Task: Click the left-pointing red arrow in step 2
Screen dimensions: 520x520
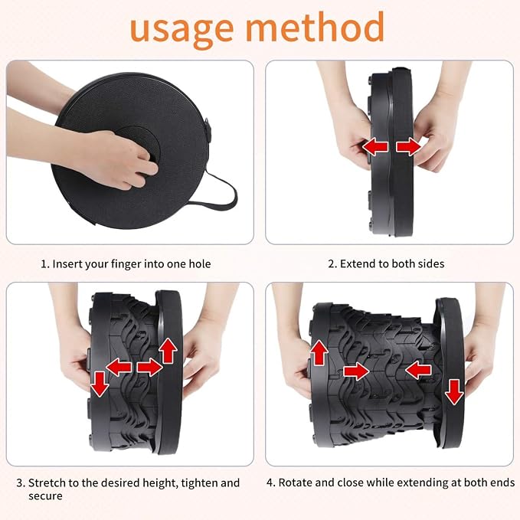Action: [x=375, y=147]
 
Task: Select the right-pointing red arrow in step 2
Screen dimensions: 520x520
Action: [x=409, y=147]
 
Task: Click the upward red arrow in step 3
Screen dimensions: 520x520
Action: [x=168, y=351]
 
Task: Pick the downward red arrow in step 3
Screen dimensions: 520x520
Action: [x=100, y=384]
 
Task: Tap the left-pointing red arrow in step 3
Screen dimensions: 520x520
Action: [x=119, y=367]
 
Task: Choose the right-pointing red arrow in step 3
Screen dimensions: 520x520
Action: [x=150, y=367]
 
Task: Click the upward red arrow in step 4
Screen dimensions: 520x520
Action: [x=319, y=353]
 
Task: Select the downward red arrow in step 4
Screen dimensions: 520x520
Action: [x=454, y=392]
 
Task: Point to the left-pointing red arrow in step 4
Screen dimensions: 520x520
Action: [x=418, y=370]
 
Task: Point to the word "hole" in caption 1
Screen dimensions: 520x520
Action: [x=200, y=264]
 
